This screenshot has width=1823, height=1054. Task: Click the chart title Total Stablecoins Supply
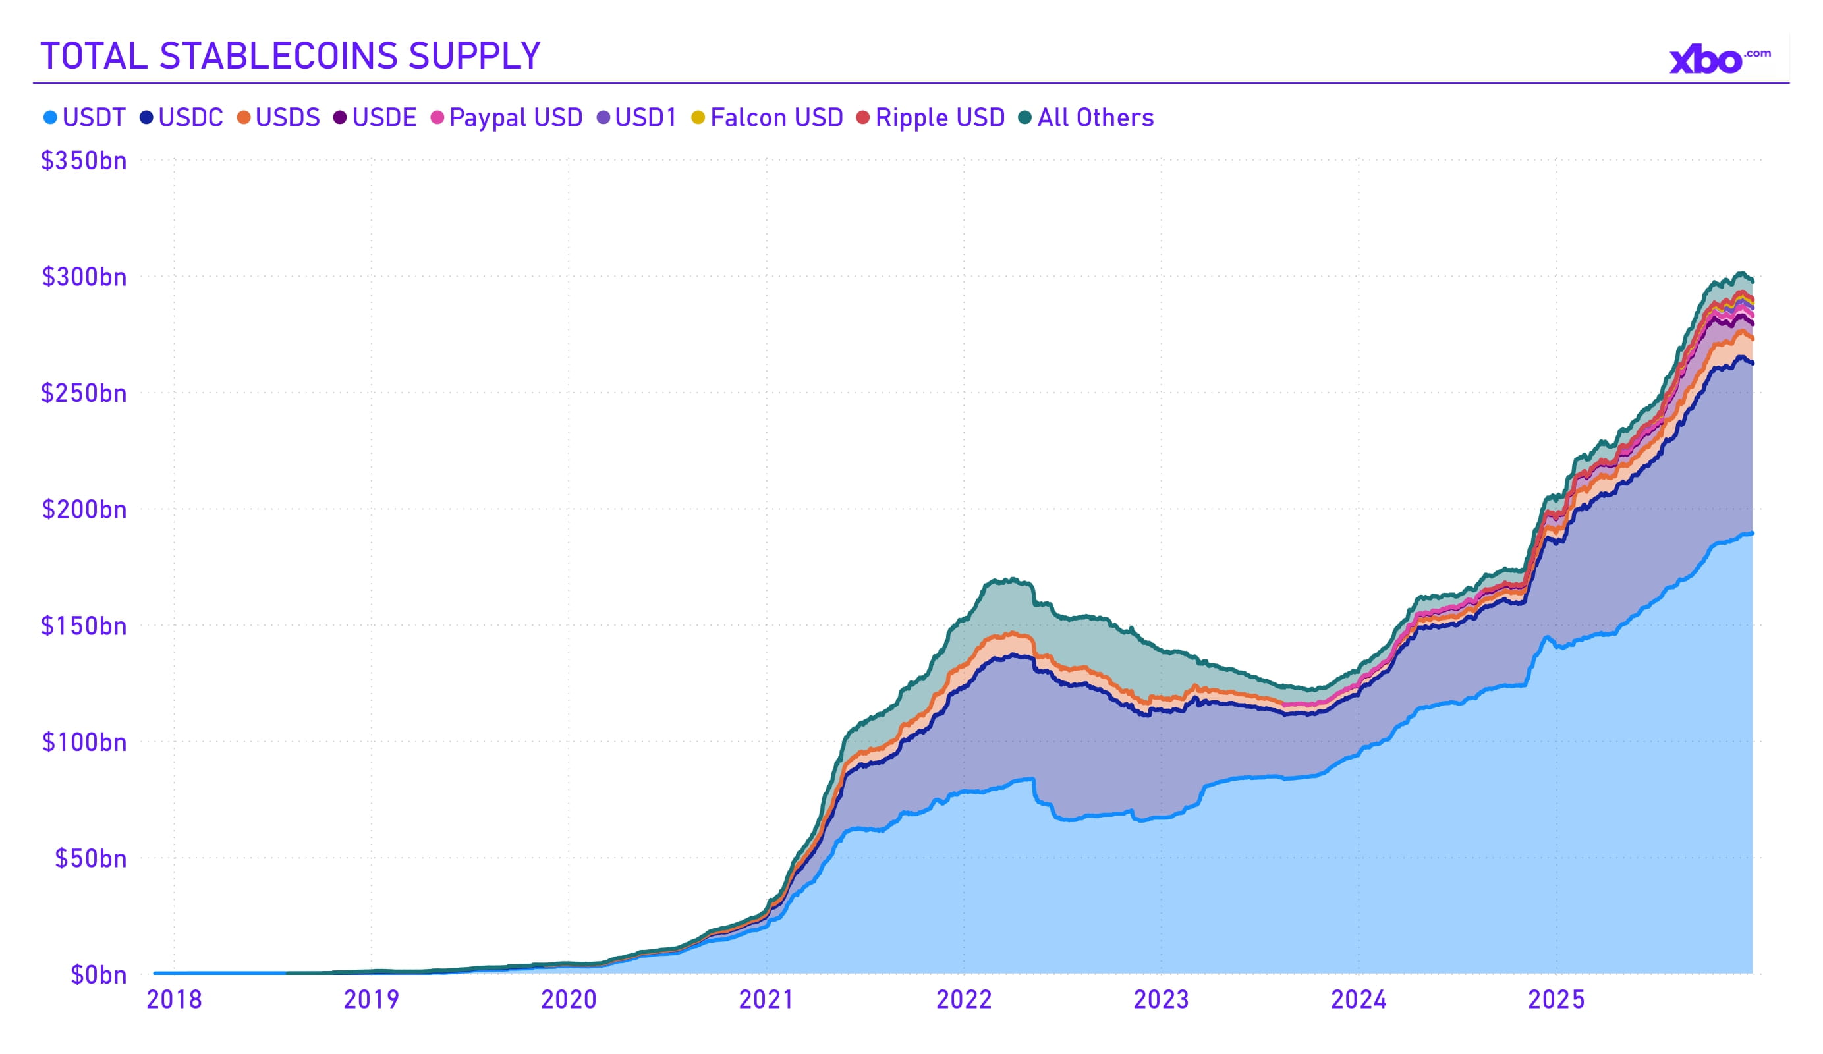tap(290, 57)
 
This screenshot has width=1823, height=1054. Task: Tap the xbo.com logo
tap(1718, 60)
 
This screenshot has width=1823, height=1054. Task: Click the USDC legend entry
tap(182, 117)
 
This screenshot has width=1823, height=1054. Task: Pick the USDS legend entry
tap(279, 117)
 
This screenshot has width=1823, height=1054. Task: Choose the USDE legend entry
tap(376, 117)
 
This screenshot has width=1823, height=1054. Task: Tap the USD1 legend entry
tap(636, 117)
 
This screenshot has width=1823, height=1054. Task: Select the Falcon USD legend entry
tap(768, 117)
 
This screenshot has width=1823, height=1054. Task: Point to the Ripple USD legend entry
tap(931, 117)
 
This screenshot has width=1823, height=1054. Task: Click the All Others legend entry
tap(1086, 117)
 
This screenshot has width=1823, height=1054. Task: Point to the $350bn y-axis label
tap(84, 161)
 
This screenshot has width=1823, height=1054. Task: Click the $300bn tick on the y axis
tap(84, 277)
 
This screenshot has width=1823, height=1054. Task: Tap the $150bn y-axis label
tap(84, 626)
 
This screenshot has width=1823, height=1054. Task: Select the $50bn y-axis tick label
tap(90, 859)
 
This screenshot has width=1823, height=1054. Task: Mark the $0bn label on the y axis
tap(98, 975)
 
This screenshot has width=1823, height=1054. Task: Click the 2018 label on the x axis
tap(175, 999)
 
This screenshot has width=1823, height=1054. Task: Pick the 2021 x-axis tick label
tap(766, 999)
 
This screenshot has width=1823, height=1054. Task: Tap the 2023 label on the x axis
tap(1161, 999)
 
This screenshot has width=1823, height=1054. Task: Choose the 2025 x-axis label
tap(1556, 999)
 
